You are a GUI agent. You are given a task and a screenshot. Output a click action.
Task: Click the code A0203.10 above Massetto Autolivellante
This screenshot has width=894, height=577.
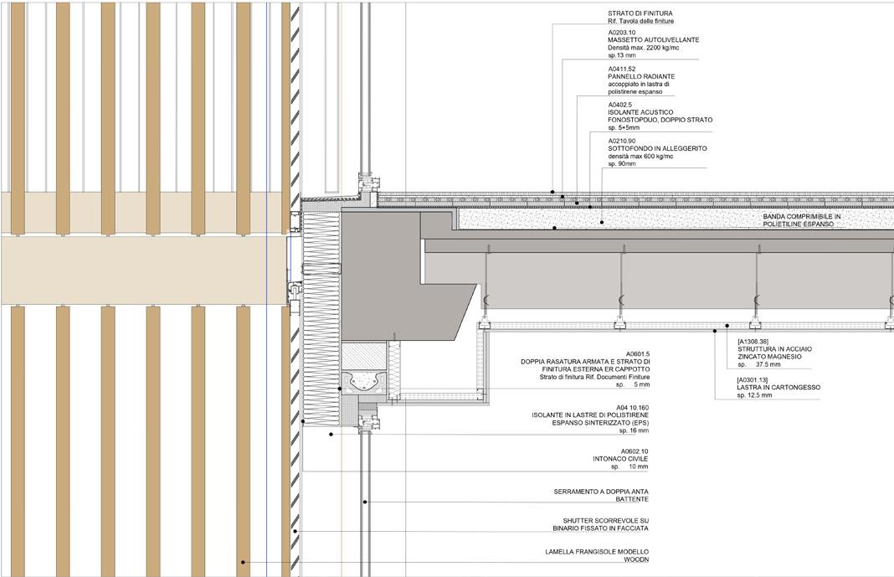[x=622, y=32]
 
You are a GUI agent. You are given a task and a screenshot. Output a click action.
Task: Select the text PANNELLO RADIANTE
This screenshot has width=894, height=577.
[x=640, y=76]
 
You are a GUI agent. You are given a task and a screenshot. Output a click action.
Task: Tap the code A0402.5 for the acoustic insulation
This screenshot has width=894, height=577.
[x=620, y=105]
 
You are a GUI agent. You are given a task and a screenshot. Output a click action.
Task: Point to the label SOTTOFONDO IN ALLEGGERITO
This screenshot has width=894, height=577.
[x=657, y=148]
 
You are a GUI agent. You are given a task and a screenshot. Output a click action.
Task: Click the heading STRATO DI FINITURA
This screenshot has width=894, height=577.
[x=640, y=13]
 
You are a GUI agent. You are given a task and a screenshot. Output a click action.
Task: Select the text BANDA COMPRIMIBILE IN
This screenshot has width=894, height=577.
[x=802, y=216]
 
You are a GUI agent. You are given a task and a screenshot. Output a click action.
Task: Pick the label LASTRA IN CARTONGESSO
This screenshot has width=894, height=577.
[x=778, y=388]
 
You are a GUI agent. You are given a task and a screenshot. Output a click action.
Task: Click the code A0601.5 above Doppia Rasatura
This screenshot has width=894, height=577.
[x=637, y=354]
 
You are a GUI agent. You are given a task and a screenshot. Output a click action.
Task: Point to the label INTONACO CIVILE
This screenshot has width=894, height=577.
[x=620, y=459]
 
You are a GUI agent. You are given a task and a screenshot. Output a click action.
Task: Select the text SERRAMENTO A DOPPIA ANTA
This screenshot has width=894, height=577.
[x=601, y=492]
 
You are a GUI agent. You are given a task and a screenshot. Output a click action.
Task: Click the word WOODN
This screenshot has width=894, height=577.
[x=635, y=559]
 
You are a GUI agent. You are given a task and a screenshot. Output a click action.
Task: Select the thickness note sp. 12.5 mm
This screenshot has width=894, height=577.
[x=754, y=395]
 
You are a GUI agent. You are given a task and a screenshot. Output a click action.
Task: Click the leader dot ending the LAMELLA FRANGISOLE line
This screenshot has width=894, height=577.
[x=244, y=563]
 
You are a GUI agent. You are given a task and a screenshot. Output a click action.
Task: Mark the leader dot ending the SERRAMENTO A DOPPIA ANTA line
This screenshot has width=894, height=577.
[x=366, y=502]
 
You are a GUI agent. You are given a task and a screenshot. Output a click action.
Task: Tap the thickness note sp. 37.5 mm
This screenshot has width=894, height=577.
[x=759, y=364]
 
